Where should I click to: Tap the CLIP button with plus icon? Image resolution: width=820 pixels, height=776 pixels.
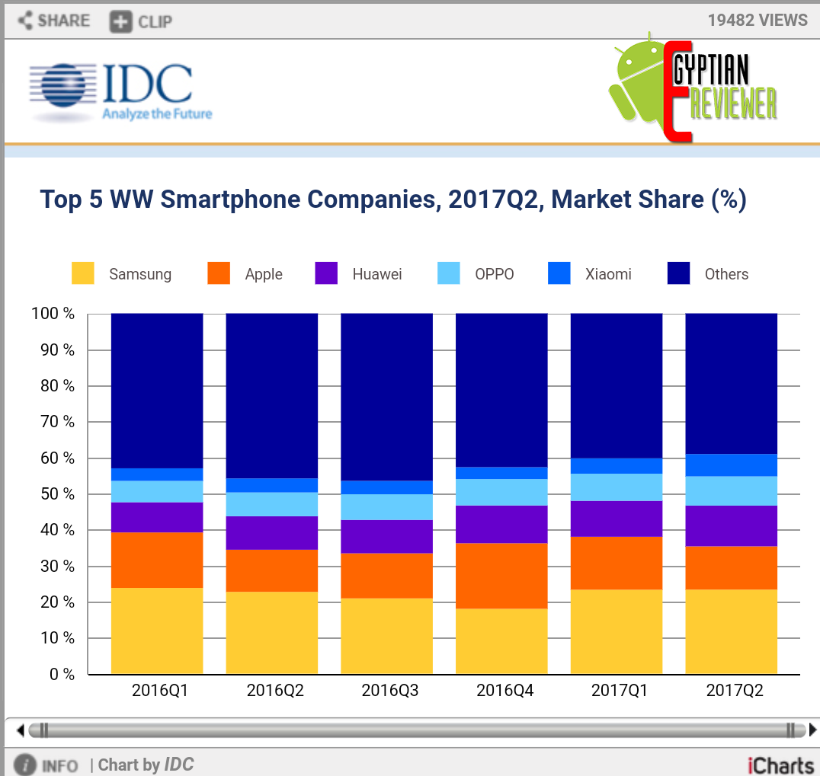[x=141, y=21]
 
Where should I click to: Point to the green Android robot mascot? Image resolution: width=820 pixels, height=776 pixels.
[x=636, y=84]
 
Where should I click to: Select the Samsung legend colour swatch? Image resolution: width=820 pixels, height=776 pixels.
[x=83, y=274]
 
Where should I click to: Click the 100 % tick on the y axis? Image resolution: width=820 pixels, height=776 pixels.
[x=53, y=314]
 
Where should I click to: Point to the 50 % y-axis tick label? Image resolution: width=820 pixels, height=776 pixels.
[x=56, y=494]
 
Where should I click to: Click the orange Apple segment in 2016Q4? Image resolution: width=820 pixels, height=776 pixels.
[x=501, y=576]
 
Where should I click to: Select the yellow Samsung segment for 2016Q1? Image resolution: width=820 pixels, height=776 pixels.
[x=157, y=631]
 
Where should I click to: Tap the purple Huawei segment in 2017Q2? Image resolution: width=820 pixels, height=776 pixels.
[x=732, y=526]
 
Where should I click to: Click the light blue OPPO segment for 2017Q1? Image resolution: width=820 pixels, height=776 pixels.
[x=617, y=487]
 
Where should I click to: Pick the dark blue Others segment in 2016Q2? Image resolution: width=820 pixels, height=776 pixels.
[x=272, y=396]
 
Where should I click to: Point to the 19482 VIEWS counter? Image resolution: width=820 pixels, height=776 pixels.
[x=757, y=20]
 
